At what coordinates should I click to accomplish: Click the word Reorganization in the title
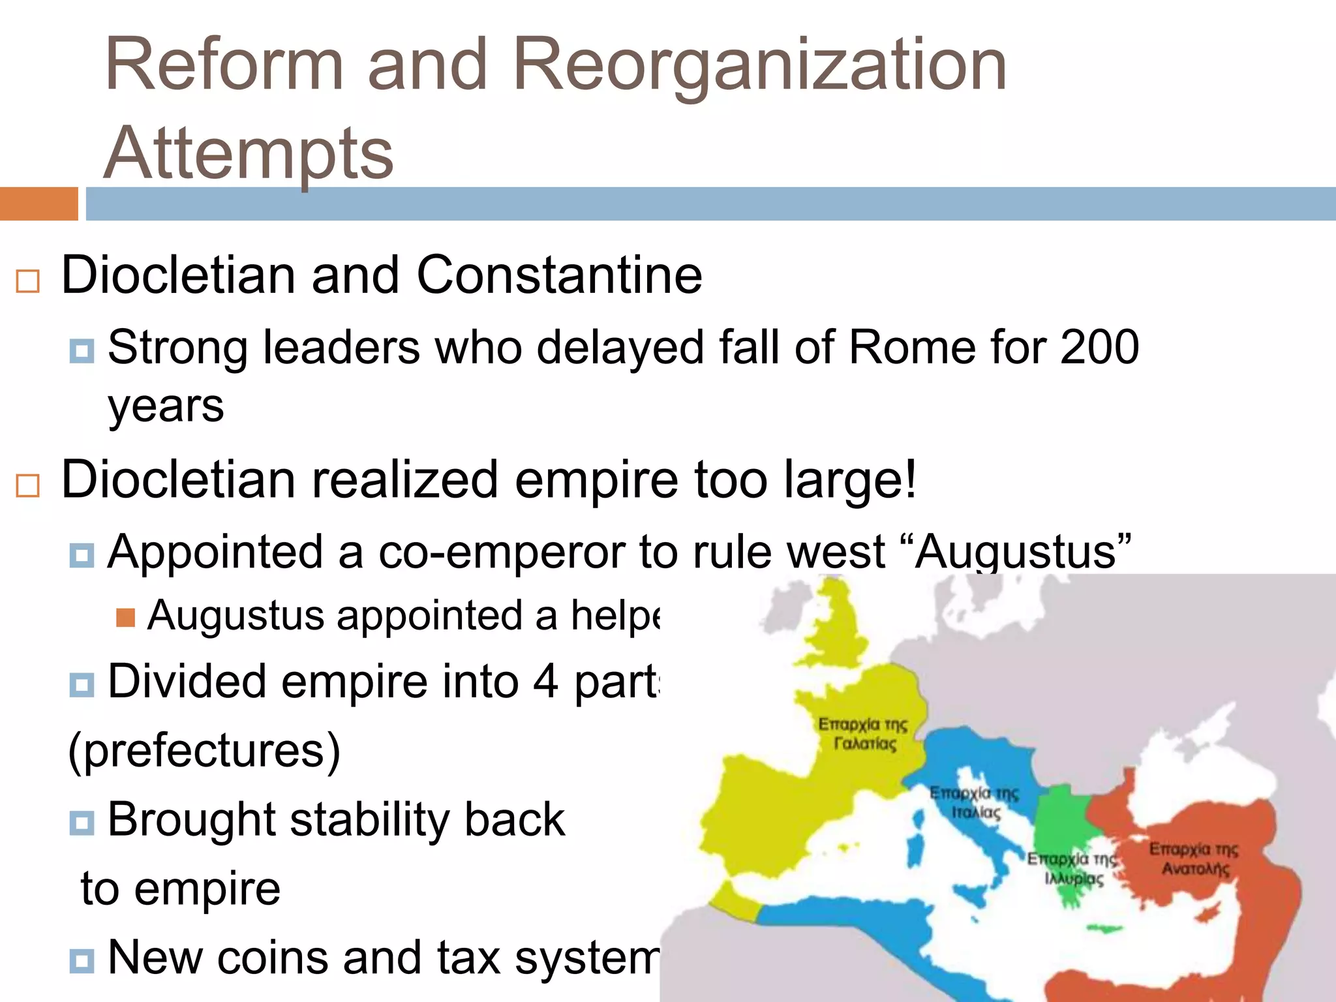[x=760, y=65]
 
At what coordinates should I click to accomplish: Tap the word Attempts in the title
[x=249, y=154]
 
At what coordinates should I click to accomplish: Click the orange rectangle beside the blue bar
[x=38, y=204]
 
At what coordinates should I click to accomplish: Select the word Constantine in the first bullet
[x=559, y=275]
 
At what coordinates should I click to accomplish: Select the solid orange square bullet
[x=125, y=617]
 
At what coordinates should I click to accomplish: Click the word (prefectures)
[x=204, y=750]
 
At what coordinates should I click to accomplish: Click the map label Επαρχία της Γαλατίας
[x=863, y=734]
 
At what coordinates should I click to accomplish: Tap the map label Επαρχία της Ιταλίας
[x=974, y=802]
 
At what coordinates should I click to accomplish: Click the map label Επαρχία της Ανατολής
[x=1194, y=858]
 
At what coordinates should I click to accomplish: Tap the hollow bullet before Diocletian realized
[x=27, y=485]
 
